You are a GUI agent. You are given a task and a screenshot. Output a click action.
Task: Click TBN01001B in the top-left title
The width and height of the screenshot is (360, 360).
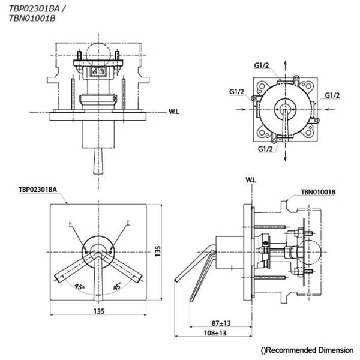click(32, 19)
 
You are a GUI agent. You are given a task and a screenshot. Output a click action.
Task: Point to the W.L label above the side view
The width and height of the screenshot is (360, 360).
click(251, 180)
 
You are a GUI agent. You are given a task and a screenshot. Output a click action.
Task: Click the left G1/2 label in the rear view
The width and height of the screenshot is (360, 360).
click(236, 92)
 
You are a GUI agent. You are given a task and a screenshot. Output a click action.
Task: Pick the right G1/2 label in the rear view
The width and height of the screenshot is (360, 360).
click(332, 95)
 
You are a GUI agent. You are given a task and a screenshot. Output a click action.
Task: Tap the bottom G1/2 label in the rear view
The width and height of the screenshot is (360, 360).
click(265, 149)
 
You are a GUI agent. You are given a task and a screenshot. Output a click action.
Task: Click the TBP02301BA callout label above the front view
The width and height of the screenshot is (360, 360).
click(38, 190)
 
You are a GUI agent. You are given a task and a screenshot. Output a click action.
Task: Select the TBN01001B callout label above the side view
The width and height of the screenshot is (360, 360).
click(318, 193)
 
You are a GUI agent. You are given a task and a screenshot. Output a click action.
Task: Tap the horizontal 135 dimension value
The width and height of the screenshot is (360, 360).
click(99, 311)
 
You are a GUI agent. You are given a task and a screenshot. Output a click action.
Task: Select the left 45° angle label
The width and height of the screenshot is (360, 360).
click(79, 287)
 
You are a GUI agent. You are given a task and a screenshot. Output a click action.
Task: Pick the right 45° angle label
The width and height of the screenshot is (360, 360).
click(118, 287)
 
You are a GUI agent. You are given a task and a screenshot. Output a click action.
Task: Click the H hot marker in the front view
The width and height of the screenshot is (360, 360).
click(70, 224)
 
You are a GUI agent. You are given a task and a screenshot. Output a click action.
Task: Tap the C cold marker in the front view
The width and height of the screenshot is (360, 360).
click(127, 224)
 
